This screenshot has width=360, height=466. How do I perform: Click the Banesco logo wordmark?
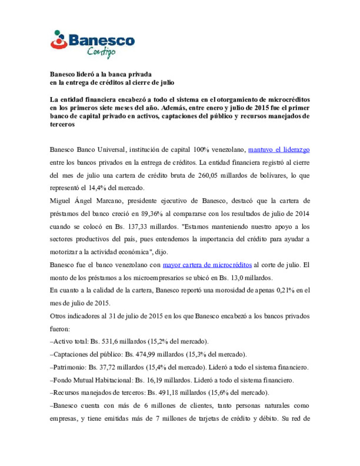pyautogui.click(x=102, y=41)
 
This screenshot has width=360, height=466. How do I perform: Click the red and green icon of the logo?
pyautogui.click(x=59, y=40)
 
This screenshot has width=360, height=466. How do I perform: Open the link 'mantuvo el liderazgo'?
pyautogui.click(x=279, y=150)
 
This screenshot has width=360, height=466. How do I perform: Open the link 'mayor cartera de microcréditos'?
pyautogui.click(x=207, y=265)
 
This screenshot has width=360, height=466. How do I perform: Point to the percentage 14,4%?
pyautogui.click(x=97, y=188)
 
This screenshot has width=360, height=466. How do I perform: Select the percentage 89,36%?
pyautogui.click(x=152, y=214)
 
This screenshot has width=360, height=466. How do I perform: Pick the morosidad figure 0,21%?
pyautogui.click(x=285, y=290)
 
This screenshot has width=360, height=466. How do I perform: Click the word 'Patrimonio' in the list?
pyautogui.click(x=70, y=367)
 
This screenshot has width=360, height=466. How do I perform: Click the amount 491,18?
pyautogui.click(x=168, y=393)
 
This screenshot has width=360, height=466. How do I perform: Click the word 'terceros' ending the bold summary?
pyautogui.click(x=62, y=124)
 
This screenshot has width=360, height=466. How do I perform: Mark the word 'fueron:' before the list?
pyautogui.click(x=60, y=329)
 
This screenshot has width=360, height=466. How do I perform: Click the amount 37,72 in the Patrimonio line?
pyautogui.click(x=107, y=367)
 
